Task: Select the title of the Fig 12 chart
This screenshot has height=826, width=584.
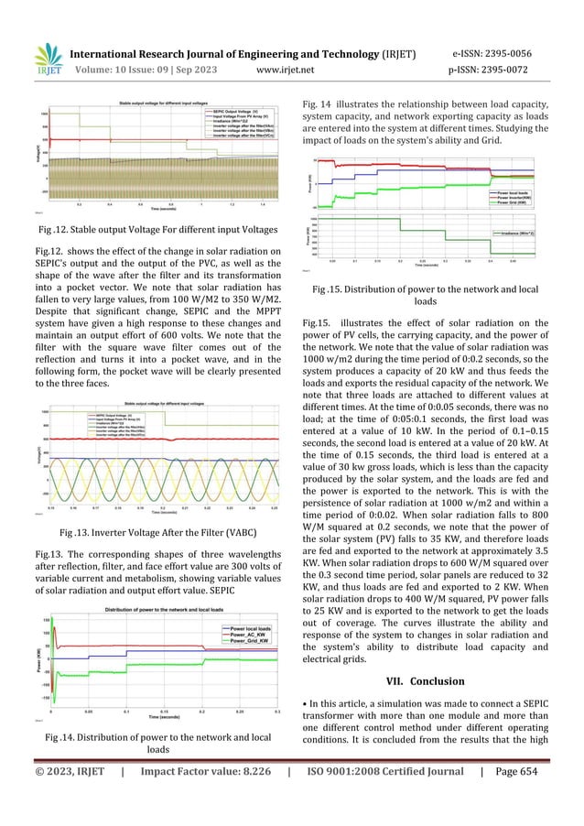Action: click(x=170, y=94)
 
